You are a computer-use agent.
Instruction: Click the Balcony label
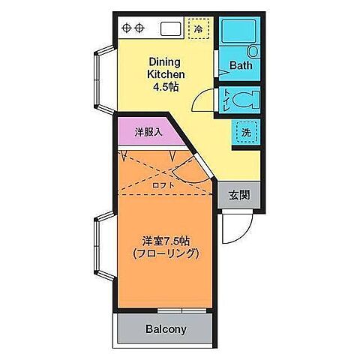166,328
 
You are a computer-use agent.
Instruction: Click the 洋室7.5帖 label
166,241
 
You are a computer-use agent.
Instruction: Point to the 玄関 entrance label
239,196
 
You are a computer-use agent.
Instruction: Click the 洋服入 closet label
147,133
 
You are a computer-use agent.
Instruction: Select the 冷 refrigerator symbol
198,28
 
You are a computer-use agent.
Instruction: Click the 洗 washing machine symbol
245,133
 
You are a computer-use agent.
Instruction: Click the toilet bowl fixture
245,98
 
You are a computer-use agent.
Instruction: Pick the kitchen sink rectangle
169,28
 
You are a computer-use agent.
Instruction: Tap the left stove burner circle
126,28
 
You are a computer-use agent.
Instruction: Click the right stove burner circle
140,28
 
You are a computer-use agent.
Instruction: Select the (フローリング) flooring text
166,254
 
